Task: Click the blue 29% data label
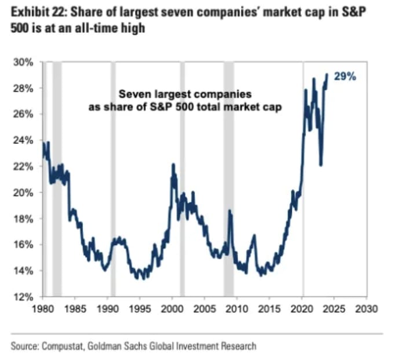point(345,77)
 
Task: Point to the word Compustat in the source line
point(61,346)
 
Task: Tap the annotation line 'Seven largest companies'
point(185,94)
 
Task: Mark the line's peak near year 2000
point(173,165)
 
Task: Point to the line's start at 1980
point(43,143)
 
